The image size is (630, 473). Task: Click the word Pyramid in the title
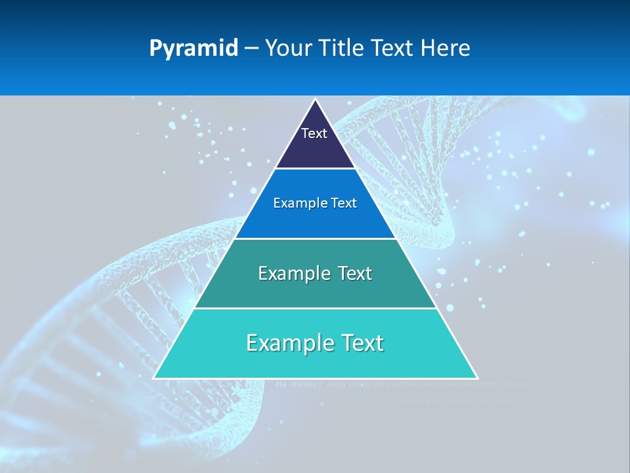(x=194, y=49)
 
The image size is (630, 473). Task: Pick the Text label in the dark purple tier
(x=314, y=133)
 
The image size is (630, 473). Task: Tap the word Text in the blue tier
(x=343, y=204)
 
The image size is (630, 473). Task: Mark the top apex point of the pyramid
(x=316, y=100)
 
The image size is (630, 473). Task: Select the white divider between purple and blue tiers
(x=316, y=169)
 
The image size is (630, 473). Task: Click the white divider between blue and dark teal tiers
(x=316, y=238)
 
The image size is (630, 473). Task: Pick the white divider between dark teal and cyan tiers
(x=316, y=308)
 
